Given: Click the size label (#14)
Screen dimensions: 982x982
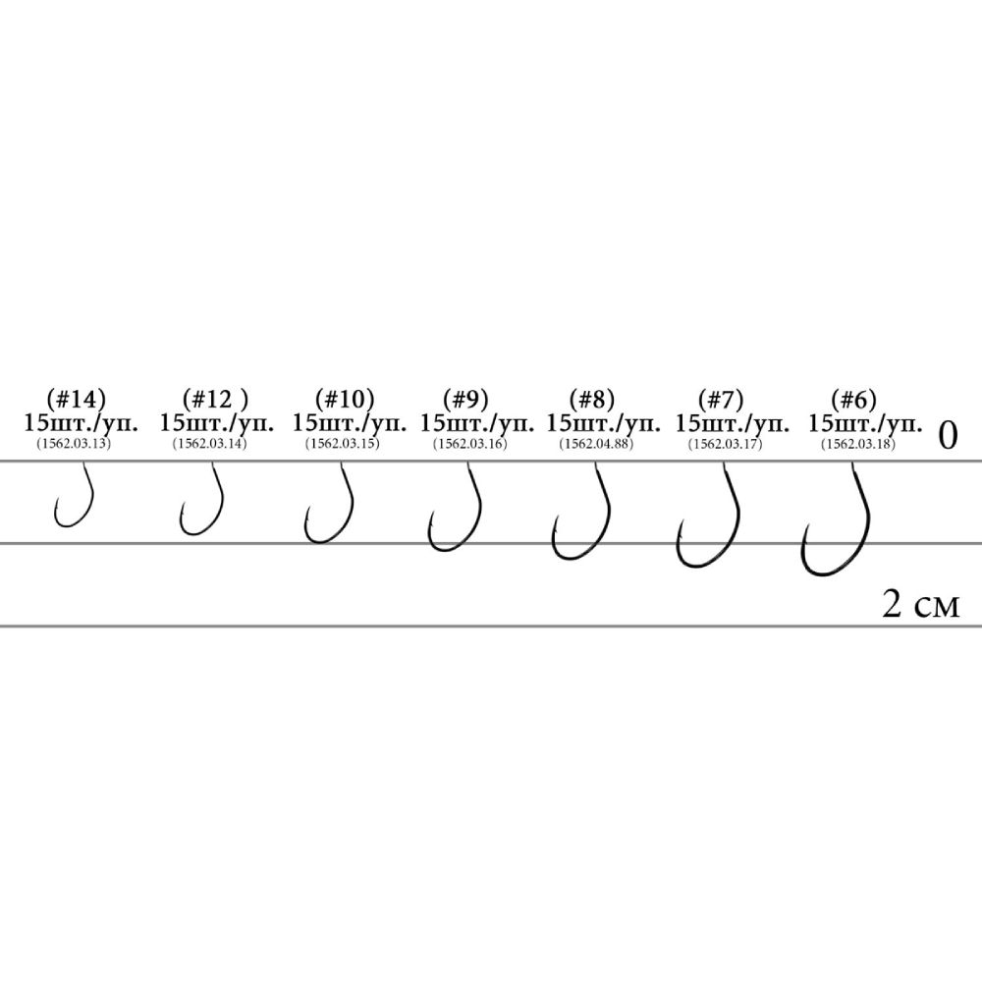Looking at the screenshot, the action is (77, 399).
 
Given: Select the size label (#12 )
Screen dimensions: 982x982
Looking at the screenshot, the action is (215, 399).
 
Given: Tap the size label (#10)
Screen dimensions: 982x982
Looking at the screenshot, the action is (345, 399).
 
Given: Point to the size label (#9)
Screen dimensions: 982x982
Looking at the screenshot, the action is (465, 399).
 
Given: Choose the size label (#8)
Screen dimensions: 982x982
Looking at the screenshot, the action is (592, 399).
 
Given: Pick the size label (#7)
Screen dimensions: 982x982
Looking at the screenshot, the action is (720, 399).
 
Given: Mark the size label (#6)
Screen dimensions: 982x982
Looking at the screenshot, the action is (853, 399).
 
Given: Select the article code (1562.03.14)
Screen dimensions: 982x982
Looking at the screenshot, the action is (210, 444).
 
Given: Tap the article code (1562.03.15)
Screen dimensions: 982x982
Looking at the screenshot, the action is (343, 444).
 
